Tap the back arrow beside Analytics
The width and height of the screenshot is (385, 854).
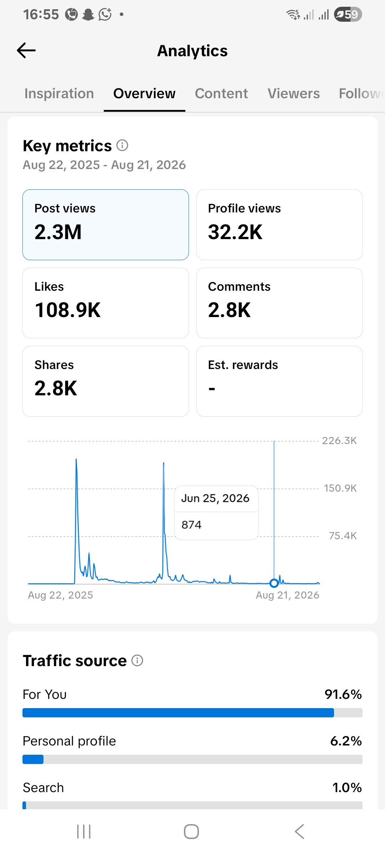26,51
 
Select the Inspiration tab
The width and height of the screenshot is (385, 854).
59,94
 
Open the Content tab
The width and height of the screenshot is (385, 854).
221,94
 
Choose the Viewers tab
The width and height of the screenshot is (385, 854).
294,94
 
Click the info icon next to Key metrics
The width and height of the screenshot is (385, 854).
122,145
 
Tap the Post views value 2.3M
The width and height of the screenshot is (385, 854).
58,232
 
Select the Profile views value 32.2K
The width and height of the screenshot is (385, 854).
235,232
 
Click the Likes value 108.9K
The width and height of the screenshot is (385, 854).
68,310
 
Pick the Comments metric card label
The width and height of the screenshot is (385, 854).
239,287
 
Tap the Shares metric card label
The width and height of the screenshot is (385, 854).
54,365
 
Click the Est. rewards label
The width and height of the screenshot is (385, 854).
243,365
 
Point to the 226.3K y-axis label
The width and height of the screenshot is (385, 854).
339,441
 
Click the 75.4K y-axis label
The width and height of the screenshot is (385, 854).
343,536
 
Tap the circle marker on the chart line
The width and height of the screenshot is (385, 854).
274,583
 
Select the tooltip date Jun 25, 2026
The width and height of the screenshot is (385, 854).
215,499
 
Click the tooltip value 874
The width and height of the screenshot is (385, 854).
191,525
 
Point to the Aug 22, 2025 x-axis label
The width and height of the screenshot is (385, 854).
61,595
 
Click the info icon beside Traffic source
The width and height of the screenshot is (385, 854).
137,660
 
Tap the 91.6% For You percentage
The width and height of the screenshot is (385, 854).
343,694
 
